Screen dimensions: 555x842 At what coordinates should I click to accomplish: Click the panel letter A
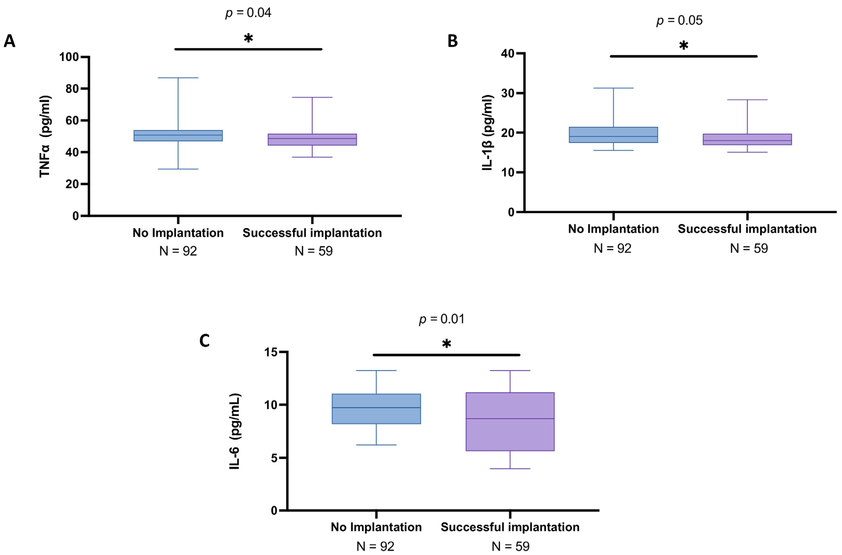click(10, 41)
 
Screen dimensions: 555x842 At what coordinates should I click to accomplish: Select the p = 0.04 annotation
click(249, 13)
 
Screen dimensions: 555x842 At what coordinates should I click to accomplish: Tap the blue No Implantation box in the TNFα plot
click(178, 136)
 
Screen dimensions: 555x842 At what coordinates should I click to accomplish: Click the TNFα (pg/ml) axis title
click(45, 136)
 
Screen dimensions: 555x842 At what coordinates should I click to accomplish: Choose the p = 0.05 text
click(680, 21)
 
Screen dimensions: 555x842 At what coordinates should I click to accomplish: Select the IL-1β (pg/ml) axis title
click(488, 133)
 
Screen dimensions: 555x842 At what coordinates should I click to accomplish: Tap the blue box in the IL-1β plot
click(613, 135)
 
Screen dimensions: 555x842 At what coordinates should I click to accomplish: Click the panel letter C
click(205, 341)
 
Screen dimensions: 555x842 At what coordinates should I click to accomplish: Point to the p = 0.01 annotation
click(442, 319)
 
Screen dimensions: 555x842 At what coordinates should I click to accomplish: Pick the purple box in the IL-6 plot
click(510, 422)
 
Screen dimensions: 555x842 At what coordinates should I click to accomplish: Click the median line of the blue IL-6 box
click(376, 408)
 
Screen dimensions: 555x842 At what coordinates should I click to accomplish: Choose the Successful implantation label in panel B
click(747, 229)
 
